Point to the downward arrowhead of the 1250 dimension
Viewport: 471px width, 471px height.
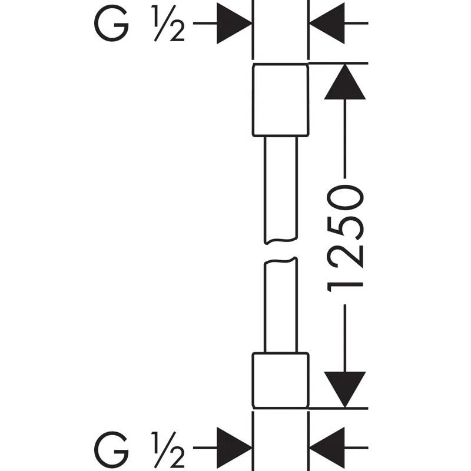(x=344, y=389)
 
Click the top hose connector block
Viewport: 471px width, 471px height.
(x=280, y=100)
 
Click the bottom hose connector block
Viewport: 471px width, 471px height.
(x=280, y=380)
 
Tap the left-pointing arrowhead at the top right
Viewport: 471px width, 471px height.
(x=327, y=24)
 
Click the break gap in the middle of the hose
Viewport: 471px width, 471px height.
(x=280, y=251)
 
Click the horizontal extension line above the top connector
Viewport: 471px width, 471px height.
(x=336, y=62)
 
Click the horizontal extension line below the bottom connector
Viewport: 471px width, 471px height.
(x=336, y=408)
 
